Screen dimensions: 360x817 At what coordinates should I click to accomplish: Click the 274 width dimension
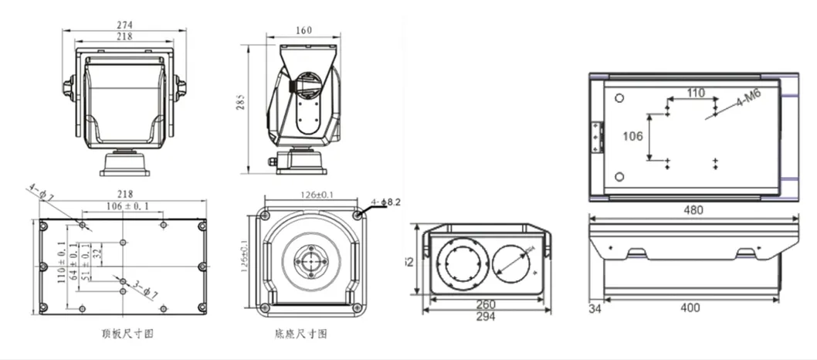tap(124, 25)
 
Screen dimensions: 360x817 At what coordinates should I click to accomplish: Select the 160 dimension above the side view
tap(303, 31)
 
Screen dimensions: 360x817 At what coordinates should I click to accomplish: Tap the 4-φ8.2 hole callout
tap(386, 202)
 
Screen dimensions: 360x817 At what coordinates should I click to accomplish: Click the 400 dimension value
tap(690, 308)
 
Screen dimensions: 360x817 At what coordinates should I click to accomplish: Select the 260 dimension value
tap(486, 304)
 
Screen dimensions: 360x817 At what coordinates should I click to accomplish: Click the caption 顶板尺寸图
tap(122, 334)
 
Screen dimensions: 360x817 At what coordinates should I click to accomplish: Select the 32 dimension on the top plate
tap(97, 252)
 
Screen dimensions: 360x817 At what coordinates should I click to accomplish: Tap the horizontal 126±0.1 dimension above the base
tap(311, 195)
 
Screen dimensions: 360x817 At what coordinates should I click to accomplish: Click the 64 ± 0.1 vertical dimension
tap(73, 257)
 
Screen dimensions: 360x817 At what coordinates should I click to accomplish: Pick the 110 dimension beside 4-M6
tap(695, 93)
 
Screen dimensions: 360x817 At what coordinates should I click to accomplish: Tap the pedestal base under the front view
tap(124, 164)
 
